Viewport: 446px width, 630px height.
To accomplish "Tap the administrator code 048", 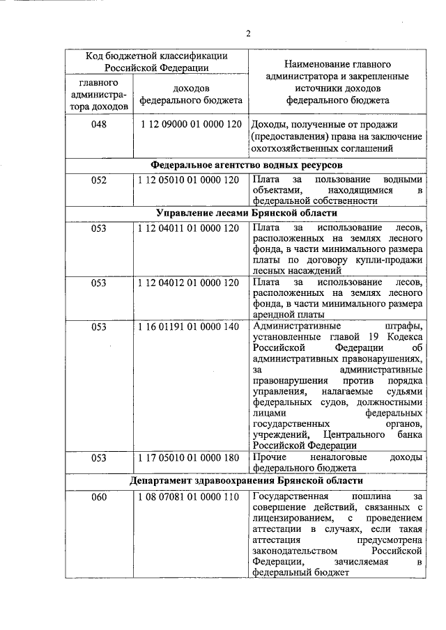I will pos(99,124).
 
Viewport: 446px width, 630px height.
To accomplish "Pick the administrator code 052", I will pos(99,180).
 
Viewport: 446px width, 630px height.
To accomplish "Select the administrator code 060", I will pos(99,496).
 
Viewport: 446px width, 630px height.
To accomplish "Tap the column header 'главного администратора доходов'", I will pos(99,94).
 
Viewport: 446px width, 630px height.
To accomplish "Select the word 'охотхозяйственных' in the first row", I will pos(288,148).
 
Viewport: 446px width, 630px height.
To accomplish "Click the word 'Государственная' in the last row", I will pos(285,496).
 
